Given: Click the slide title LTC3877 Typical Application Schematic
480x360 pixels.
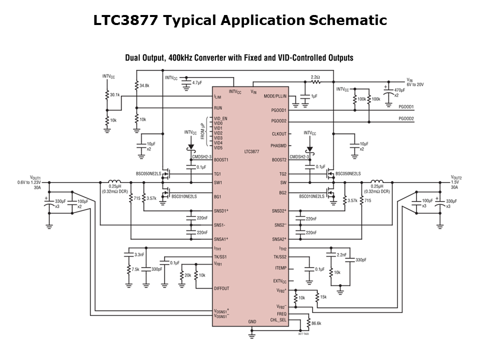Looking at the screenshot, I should coord(240,20).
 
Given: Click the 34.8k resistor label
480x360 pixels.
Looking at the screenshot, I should coord(144,85).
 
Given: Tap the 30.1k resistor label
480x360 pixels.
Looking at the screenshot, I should coord(115,94).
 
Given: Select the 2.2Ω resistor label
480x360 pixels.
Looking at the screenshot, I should coord(315,77).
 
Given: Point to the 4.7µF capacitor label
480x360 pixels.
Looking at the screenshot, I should coord(197,81).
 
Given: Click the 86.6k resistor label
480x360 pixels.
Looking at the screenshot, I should coord(316,323).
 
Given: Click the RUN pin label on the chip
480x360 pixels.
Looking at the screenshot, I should coord(218,108).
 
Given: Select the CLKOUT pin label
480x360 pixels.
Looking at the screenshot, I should coord(279,133).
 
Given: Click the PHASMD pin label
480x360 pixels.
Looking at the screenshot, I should coord(278,145).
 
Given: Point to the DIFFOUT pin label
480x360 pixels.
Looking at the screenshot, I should coord(221,288).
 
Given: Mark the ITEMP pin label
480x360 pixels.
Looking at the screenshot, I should coord(280,268).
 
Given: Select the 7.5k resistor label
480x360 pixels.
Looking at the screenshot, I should coord(135,269).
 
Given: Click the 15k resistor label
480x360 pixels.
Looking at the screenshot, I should coord(323,297).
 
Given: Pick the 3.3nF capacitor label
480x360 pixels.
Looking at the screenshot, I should coord(139,254).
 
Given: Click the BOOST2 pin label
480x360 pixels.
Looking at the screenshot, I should coord(279,160).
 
